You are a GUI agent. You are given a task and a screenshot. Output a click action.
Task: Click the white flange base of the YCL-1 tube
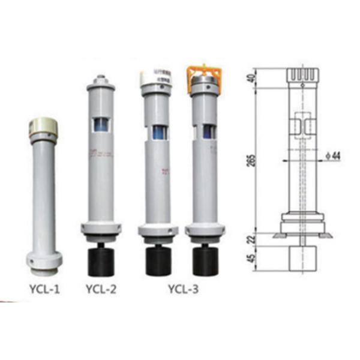tap(44, 260)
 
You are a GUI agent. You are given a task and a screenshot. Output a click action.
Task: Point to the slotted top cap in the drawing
tap(304, 76)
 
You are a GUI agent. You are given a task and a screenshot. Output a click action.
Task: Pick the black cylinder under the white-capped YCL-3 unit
tap(158, 259)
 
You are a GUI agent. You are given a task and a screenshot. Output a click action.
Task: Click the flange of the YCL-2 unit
tap(101, 229)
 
